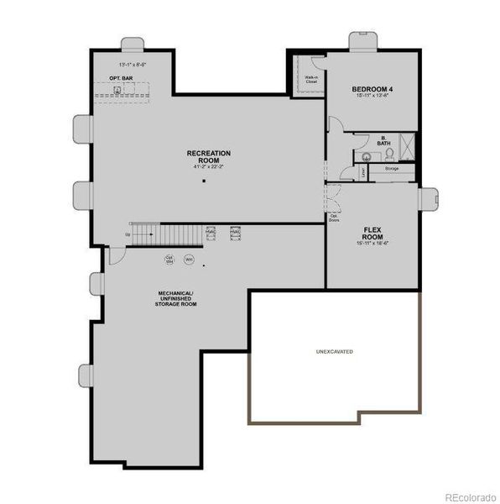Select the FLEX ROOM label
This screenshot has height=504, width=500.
coord(373,232)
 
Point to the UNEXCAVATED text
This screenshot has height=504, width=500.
coord(334,351)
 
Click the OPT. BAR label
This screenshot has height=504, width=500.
coord(121,78)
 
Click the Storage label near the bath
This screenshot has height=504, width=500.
coord(392,169)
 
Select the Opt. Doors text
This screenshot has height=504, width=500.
coord(333,217)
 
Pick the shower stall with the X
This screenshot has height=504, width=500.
coord(405,144)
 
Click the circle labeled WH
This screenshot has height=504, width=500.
coord(189,259)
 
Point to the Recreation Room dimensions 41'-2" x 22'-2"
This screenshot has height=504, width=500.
coord(209,166)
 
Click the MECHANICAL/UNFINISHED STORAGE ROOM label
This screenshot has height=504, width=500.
coord(176,298)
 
